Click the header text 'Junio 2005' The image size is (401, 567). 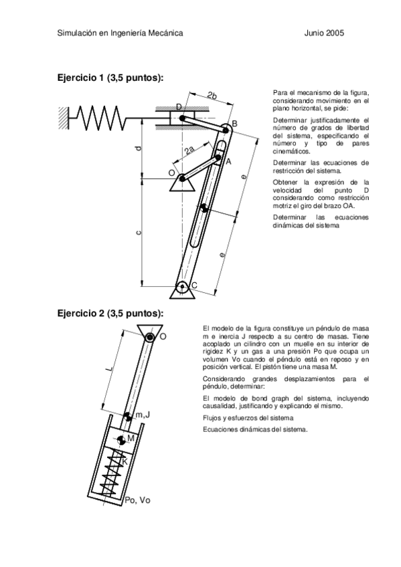click(x=324, y=33)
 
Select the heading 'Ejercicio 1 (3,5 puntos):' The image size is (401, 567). click(x=110, y=78)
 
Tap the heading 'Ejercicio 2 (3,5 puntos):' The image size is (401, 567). click(x=110, y=312)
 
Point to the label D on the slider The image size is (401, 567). click(x=179, y=107)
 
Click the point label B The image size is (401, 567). click(x=234, y=124)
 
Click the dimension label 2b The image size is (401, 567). click(x=212, y=95)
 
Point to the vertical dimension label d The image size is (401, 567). click(x=138, y=148)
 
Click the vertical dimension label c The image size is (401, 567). click(x=138, y=232)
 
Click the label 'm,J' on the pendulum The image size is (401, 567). click(x=143, y=415)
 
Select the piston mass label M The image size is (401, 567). click(x=132, y=438)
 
